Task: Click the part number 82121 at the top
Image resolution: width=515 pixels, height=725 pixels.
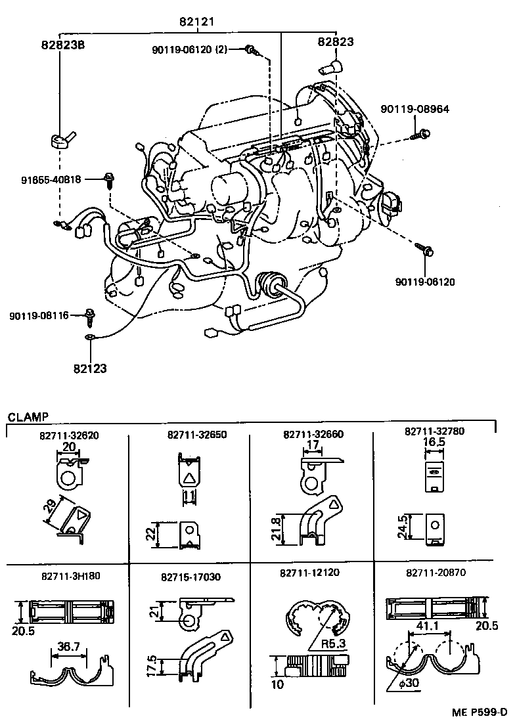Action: click(196, 22)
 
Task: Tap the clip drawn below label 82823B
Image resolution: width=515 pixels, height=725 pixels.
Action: click(61, 140)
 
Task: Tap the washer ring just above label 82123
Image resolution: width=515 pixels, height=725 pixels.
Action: click(90, 338)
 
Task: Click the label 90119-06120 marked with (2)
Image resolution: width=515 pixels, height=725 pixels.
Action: click(189, 50)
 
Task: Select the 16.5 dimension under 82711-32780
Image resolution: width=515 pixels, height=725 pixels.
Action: click(434, 443)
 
